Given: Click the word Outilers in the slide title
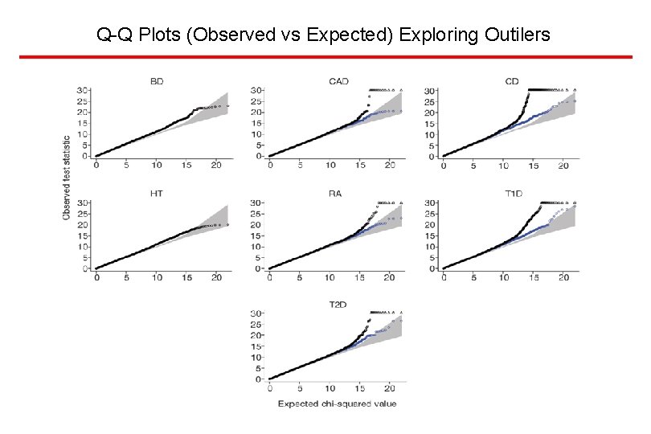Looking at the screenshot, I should click(x=518, y=35).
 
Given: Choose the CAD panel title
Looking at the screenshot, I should click(x=338, y=81).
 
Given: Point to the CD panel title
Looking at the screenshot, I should click(x=512, y=81).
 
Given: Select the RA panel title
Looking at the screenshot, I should click(x=338, y=193).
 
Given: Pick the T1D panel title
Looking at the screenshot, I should click(x=512, y=193).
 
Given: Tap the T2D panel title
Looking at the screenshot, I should click(x=338, y=305).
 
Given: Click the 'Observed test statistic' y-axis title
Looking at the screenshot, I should click(x=68, y=176).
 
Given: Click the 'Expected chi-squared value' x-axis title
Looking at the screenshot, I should click(x=337, y=403).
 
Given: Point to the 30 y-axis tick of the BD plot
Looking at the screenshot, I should click(x=84, y=90).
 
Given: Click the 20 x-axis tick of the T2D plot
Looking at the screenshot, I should click(x=389, y=388).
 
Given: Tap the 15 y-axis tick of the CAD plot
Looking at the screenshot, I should click(x=257, y=123).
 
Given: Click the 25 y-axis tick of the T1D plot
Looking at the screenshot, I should click(x=431, y=213).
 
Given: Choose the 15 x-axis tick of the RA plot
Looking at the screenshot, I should click(x=359, y=277).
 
